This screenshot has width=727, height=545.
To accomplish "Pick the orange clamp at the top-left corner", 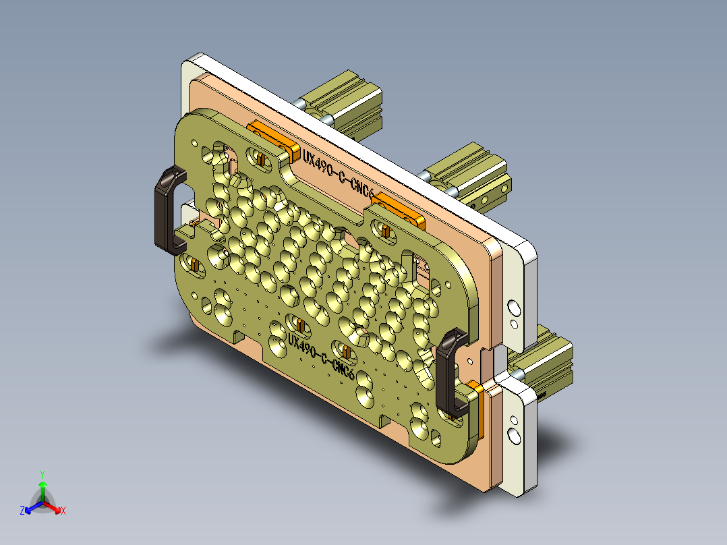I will pos(274,138).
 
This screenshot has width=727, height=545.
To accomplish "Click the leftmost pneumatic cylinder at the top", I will pos(344,107).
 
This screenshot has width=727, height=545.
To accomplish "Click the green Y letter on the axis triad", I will pos(42,474).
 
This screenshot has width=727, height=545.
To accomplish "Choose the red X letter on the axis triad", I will pos(63,511).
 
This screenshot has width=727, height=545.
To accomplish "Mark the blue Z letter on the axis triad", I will pos(22,511).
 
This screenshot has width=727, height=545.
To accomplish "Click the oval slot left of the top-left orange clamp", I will pos(259,157).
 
